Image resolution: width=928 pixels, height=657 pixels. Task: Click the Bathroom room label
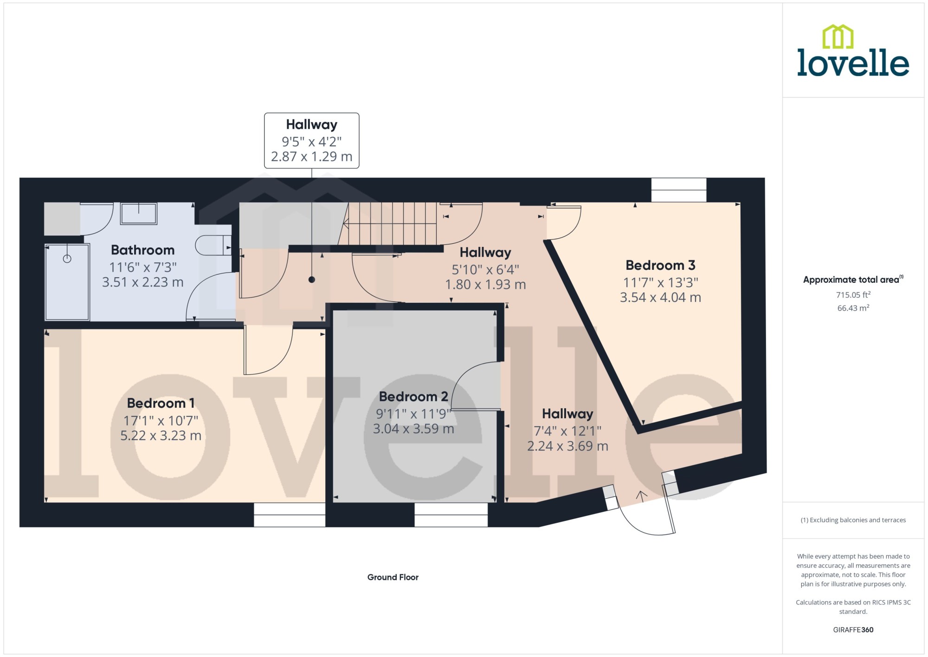tap(142, 250)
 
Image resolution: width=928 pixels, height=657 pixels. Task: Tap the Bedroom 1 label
tap(161, 403)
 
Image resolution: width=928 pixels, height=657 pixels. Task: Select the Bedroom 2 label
tap(413, 397)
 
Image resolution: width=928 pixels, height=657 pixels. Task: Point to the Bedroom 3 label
tap(660, 265)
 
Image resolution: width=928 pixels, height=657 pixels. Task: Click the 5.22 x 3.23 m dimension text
tap(161, 436)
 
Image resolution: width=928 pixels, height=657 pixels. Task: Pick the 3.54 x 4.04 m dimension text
tap(660, 297)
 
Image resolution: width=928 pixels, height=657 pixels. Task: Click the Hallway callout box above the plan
tap(312, 140)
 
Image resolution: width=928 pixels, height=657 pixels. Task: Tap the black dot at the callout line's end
tap(312, 280)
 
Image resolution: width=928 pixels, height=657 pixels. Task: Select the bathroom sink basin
tap(139, 214)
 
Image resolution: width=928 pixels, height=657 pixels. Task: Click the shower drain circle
tap(67, 259)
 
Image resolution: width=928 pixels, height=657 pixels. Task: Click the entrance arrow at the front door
tap(642, 496)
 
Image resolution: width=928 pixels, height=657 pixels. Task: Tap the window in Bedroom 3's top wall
tap(679, 190)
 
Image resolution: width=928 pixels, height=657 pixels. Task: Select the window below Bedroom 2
tap(451, 515)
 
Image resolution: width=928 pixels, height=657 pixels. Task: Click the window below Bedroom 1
tap(290, 515)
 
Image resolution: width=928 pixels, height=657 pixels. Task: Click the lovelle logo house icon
tap(838, 36)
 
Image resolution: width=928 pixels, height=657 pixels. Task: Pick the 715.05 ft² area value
tap(853, 294)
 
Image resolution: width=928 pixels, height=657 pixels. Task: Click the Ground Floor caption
tap(393, 577)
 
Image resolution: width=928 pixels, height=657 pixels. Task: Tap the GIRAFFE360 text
tap(853, 630)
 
